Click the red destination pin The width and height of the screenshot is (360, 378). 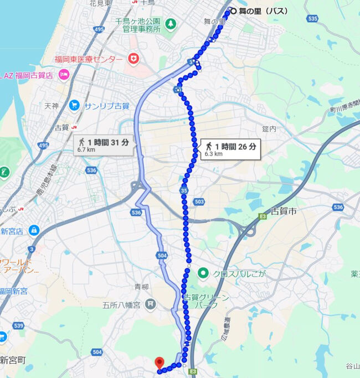(160, 363)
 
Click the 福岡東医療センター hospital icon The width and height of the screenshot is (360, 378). (133, 59)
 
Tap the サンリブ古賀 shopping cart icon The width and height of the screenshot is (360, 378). (74, 105)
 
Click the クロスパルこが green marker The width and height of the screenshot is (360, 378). (203, 272)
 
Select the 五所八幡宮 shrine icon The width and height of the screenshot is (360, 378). (151, 304)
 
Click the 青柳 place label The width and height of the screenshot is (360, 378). (142, 287)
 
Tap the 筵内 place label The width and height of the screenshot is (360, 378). (269, 128)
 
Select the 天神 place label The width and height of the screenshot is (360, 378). (51, 105)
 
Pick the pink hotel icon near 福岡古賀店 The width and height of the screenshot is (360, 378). (64, 75)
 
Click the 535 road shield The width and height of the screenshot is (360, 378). (312, 18)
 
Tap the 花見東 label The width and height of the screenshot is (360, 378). (100, 3)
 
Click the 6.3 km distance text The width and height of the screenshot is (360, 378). (213, 154)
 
